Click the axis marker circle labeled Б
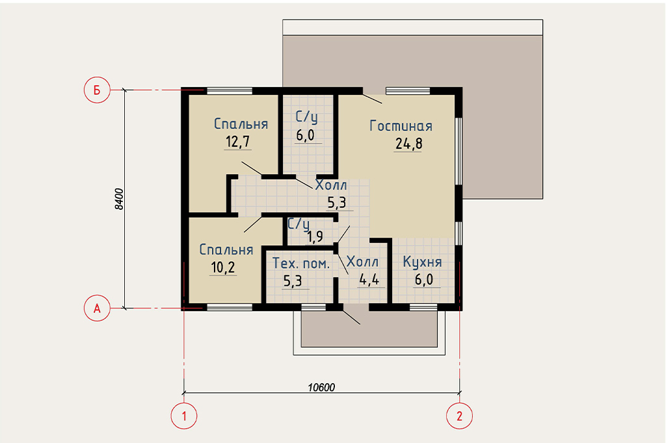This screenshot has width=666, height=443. pyautogui.click(x=97, y=90)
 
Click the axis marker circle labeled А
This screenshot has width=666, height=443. pyautogui.click(x=97, y=308)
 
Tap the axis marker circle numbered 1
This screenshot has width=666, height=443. pyautogui.click(x=184, y=416)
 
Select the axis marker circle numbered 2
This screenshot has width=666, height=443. pyautogui.click(x=459, y=416)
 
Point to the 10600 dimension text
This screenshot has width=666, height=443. pyautogui.click(x=321, y=387)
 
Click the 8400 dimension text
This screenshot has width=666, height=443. pyautogui.click(x=120, y=199)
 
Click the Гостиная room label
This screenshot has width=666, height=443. pyautogui.click(x=401, y=126)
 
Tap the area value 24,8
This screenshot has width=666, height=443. pyautogui.click(x=408, y=144)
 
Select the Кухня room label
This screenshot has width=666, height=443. pyautogui.click(x=422, y=262)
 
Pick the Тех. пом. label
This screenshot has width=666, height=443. pyautogui.click(x=300, y=264)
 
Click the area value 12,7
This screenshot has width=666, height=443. pyautogui.click(x=237, y=142)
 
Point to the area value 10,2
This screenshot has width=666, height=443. pyautogui.click(x=222, y=268)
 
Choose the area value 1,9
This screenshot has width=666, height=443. pyautogui.click(x=315, y=236)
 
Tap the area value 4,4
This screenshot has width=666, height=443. pyautogui.click(x=369, y=279)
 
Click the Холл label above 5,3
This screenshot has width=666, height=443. pyautogui.click(x=331, y=185)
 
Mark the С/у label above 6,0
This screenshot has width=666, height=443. pyautogui.click(x=307, y=117)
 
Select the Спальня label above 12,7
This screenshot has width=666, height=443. pyautogui.click(x=241, y=123)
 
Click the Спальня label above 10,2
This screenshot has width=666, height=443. pyautogui.click(x=226, y=249)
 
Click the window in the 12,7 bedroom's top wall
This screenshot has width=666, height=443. pyautogui.click(x=230, y=91)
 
